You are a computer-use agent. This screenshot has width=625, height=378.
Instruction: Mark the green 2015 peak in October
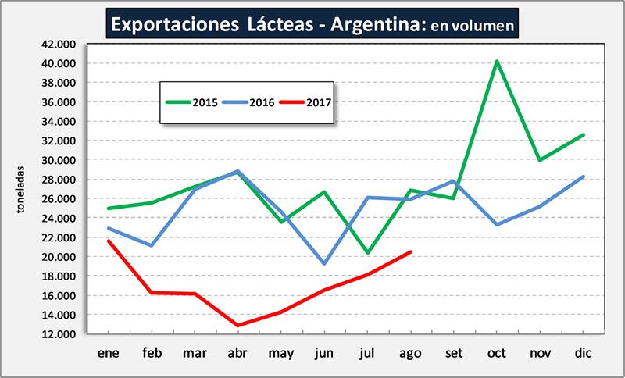click(x=496, y=61)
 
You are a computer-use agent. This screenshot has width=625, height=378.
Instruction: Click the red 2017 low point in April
click(x=237, y=326)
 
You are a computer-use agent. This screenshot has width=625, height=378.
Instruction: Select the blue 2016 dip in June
click(x=323, y=264)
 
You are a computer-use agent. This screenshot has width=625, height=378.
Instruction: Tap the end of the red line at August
click(x=410, y=251)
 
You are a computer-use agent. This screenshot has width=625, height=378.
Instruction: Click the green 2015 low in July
click(x=367, y=253)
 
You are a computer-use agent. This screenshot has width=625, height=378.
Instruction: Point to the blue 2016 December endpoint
click(x=583, y=177)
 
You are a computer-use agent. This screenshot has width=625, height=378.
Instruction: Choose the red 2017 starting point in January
click(x=108, y=241)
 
